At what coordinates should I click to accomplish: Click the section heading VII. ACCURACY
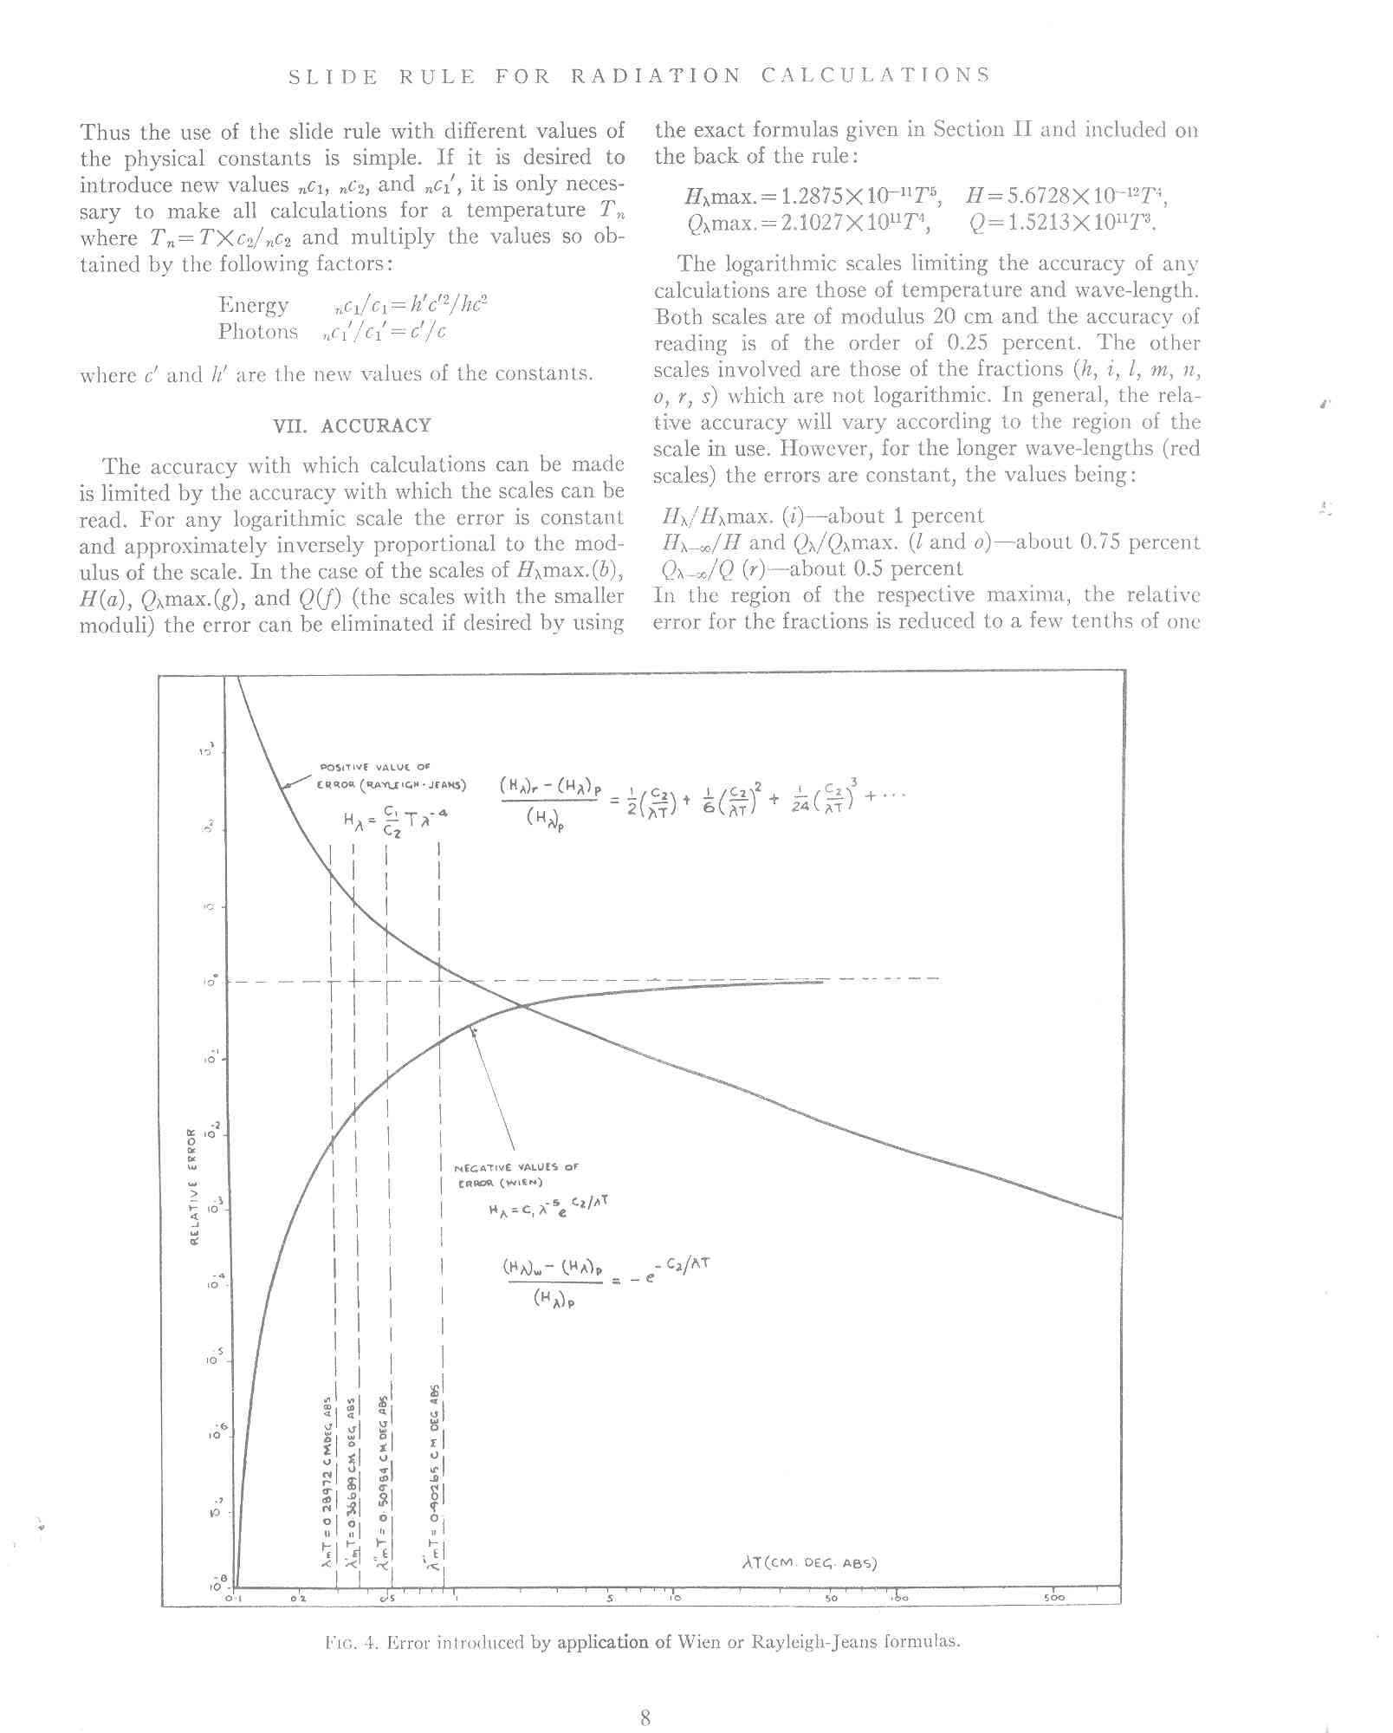pyautogui.click(x=352, y=426)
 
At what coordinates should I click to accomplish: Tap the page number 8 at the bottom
pyautogui.click(x=645, y=1693)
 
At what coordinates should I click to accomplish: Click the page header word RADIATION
pyautogui.click(x=655, y=75)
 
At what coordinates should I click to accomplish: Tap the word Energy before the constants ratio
pyautogui.click(x=253, y=305)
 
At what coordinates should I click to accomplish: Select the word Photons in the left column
pyautogui.click(x=258, y=332)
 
